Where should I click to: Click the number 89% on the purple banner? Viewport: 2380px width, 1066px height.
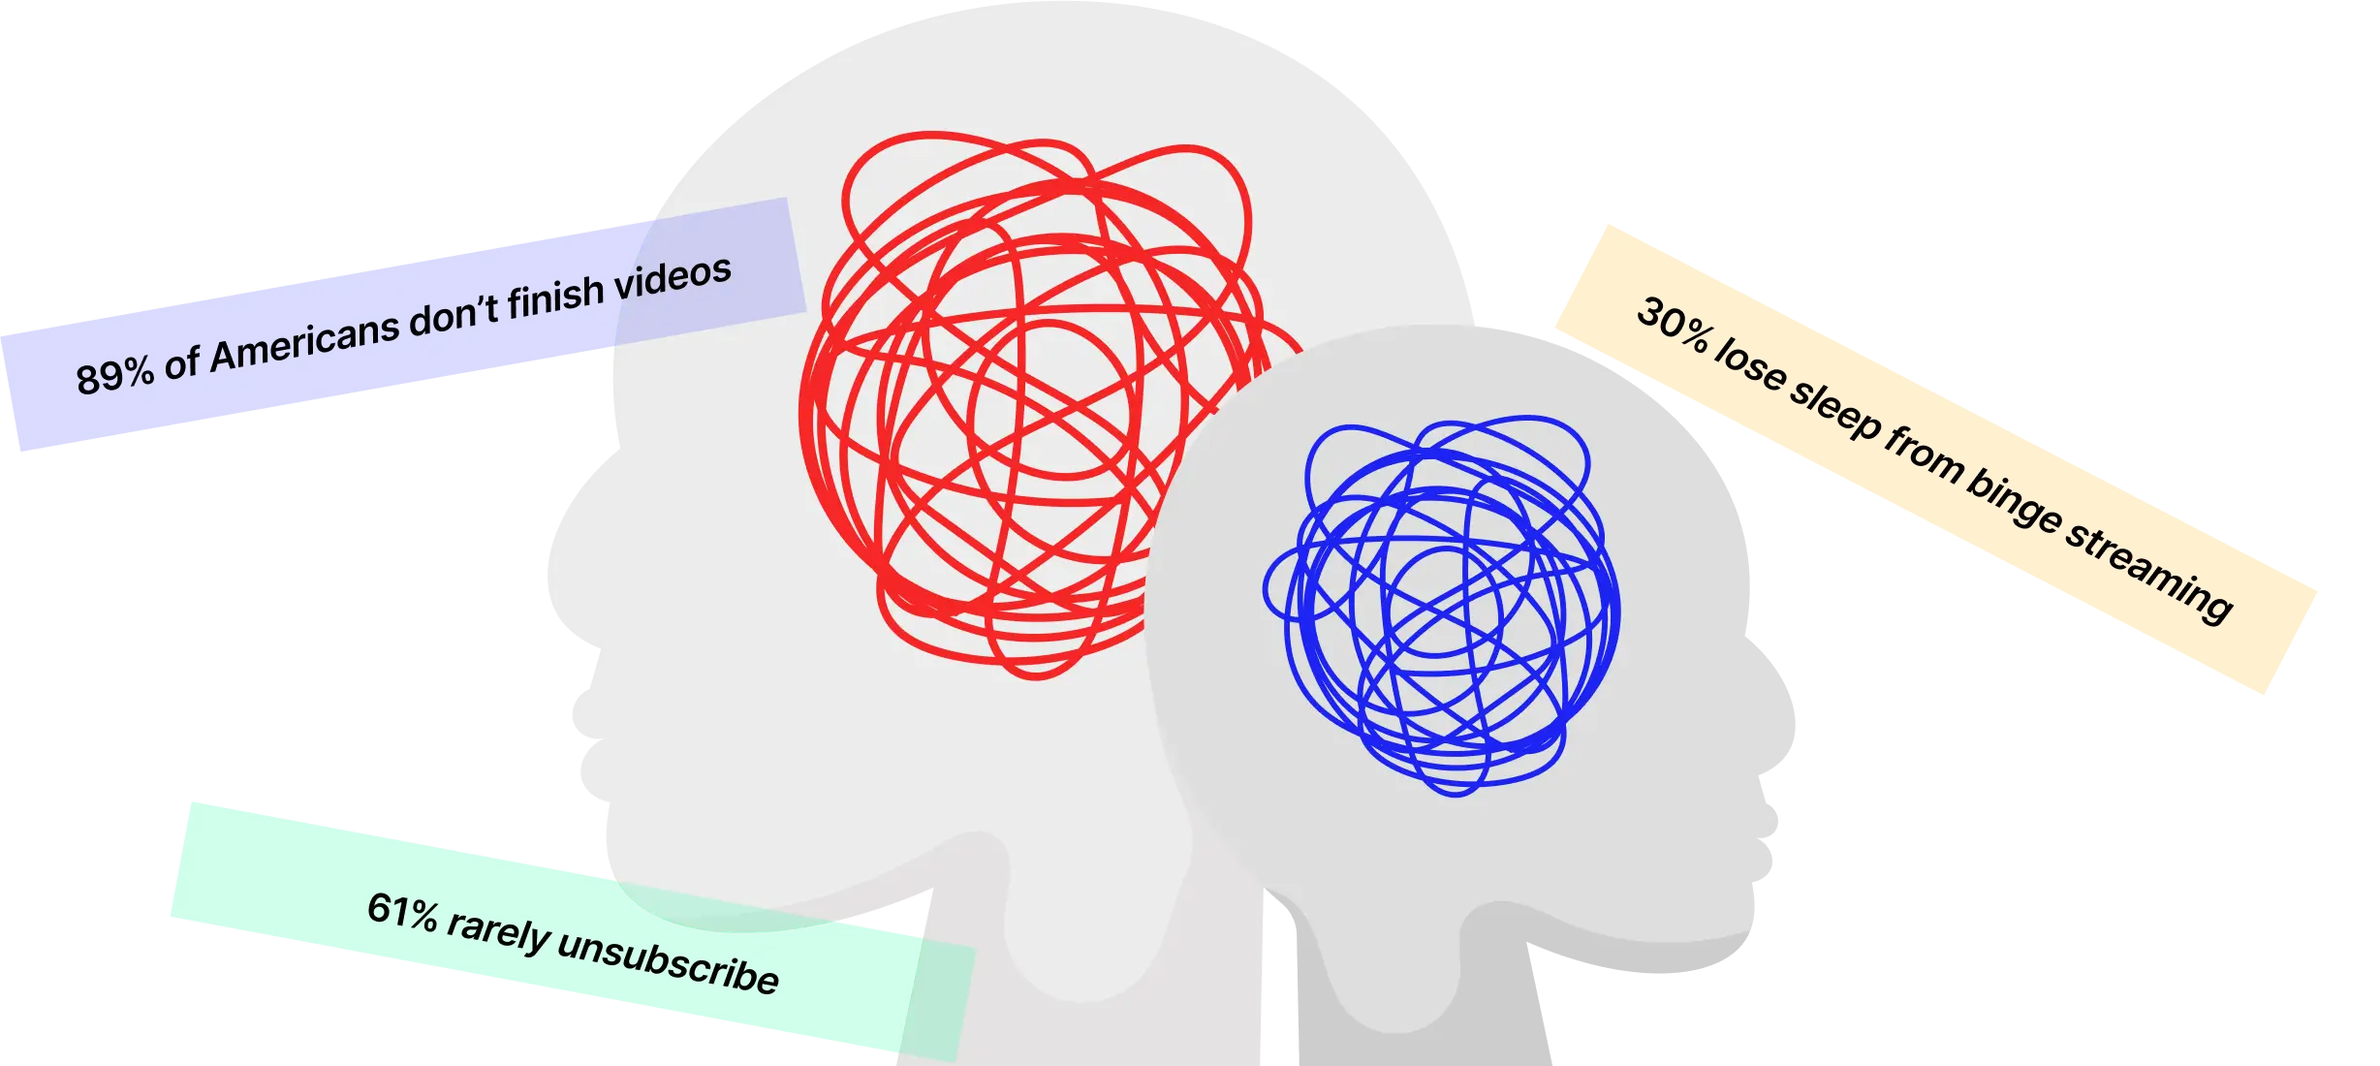pyautogui.click(x=114, y=375)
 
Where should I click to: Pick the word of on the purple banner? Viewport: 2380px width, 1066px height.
pyautogui.click(x=181, y=363)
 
